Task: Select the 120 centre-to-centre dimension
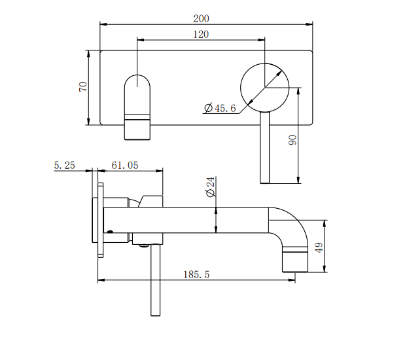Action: [x=202, y=34]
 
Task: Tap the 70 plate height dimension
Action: [x=83, y=86]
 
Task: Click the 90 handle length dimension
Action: [x=292, y=140]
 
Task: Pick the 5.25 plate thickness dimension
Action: [x=64, y=166]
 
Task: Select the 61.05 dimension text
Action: [x=124, y=166]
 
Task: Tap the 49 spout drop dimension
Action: [x=319, y=247]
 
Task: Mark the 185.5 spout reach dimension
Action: [x=196, y=275]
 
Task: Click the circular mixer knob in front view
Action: [x=264, y=88]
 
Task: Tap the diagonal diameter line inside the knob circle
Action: [x=275, y=78]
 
